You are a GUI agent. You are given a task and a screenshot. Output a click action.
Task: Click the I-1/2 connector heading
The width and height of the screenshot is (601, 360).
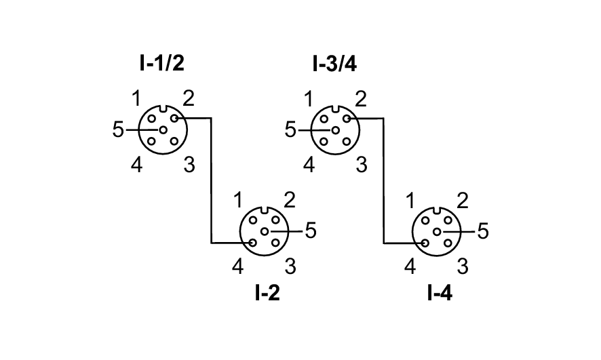click(161, 64)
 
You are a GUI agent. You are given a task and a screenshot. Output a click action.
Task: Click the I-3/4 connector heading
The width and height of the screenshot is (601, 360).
click(334, 64)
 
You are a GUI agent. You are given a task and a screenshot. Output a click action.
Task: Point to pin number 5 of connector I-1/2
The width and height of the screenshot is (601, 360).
click(119, 129)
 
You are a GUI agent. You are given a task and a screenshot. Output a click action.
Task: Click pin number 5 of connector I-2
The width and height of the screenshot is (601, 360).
click(311, 231)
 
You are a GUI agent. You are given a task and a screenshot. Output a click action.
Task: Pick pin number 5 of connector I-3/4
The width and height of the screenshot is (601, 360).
click(291, 129)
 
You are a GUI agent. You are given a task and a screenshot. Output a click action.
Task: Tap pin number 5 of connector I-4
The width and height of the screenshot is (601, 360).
click(483, 231)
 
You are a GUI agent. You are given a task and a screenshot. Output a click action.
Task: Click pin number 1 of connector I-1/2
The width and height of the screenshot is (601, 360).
click(136, 100)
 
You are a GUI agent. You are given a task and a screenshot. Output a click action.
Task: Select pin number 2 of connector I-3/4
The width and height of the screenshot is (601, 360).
click(361, 100)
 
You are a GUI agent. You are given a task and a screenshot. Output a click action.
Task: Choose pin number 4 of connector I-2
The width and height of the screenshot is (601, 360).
click(237, 266)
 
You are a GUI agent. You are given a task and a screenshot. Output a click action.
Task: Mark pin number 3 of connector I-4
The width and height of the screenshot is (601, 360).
click(463, 266)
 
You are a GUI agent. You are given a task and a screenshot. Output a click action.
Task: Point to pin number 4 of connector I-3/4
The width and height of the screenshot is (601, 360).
click(309, 164)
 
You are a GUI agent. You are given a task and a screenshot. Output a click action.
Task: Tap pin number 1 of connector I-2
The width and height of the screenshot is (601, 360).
click(237, 201)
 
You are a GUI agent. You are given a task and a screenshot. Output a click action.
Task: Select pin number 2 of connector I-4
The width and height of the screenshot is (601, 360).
click(463, 201)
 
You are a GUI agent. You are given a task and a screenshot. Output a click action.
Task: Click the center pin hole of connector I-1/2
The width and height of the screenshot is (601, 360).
click(163, 129)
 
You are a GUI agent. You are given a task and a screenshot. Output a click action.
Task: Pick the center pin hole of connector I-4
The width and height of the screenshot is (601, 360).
click(438, 231)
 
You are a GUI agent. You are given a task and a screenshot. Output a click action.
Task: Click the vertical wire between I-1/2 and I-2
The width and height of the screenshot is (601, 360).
click(211, 180)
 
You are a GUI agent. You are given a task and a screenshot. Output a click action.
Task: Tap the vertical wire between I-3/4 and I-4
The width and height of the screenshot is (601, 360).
click(384, 180)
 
